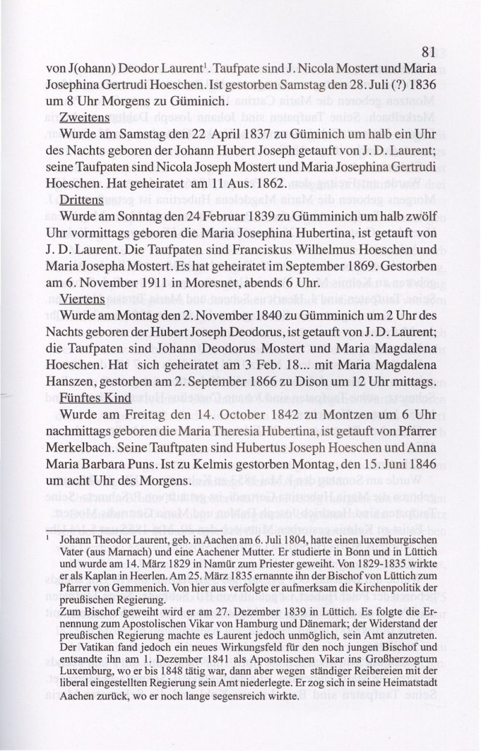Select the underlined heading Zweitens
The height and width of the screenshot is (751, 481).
(x=85, y=117)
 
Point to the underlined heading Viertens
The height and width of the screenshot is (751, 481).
(x=83, y=299)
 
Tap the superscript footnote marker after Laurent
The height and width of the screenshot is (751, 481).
(x=203, y=64)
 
